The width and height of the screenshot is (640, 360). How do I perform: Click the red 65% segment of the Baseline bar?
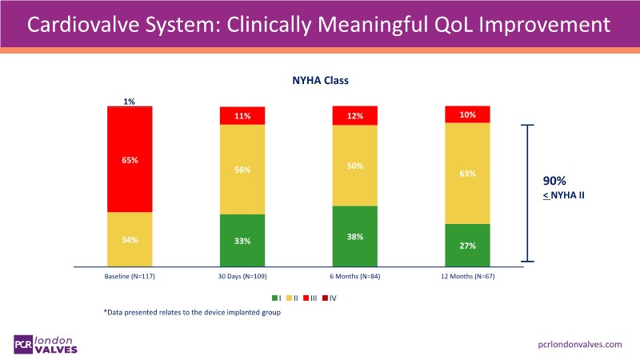coord(130,159)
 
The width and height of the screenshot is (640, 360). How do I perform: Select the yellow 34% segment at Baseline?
coord(130,239)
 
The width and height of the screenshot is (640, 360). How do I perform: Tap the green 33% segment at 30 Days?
coord(242,240)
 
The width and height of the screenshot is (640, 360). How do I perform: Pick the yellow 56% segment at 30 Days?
coord(242,170)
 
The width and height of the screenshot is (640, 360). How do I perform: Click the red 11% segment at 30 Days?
coord(242,116)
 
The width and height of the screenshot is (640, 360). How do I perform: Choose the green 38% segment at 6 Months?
coord(354,236)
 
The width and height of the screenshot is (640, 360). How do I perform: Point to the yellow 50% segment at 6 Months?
coord(354,166)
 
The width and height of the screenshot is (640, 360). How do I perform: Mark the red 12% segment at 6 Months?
coord(354,116)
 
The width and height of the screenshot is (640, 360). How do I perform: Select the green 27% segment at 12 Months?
coord(467,245)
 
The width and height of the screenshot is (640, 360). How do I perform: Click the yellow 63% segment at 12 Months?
coord(467,173)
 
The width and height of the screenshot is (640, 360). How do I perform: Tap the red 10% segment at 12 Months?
coord(467,114)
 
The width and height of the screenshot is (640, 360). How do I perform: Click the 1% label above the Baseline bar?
coord(130,102)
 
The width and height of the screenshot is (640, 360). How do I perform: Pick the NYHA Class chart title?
coord(319,80)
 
